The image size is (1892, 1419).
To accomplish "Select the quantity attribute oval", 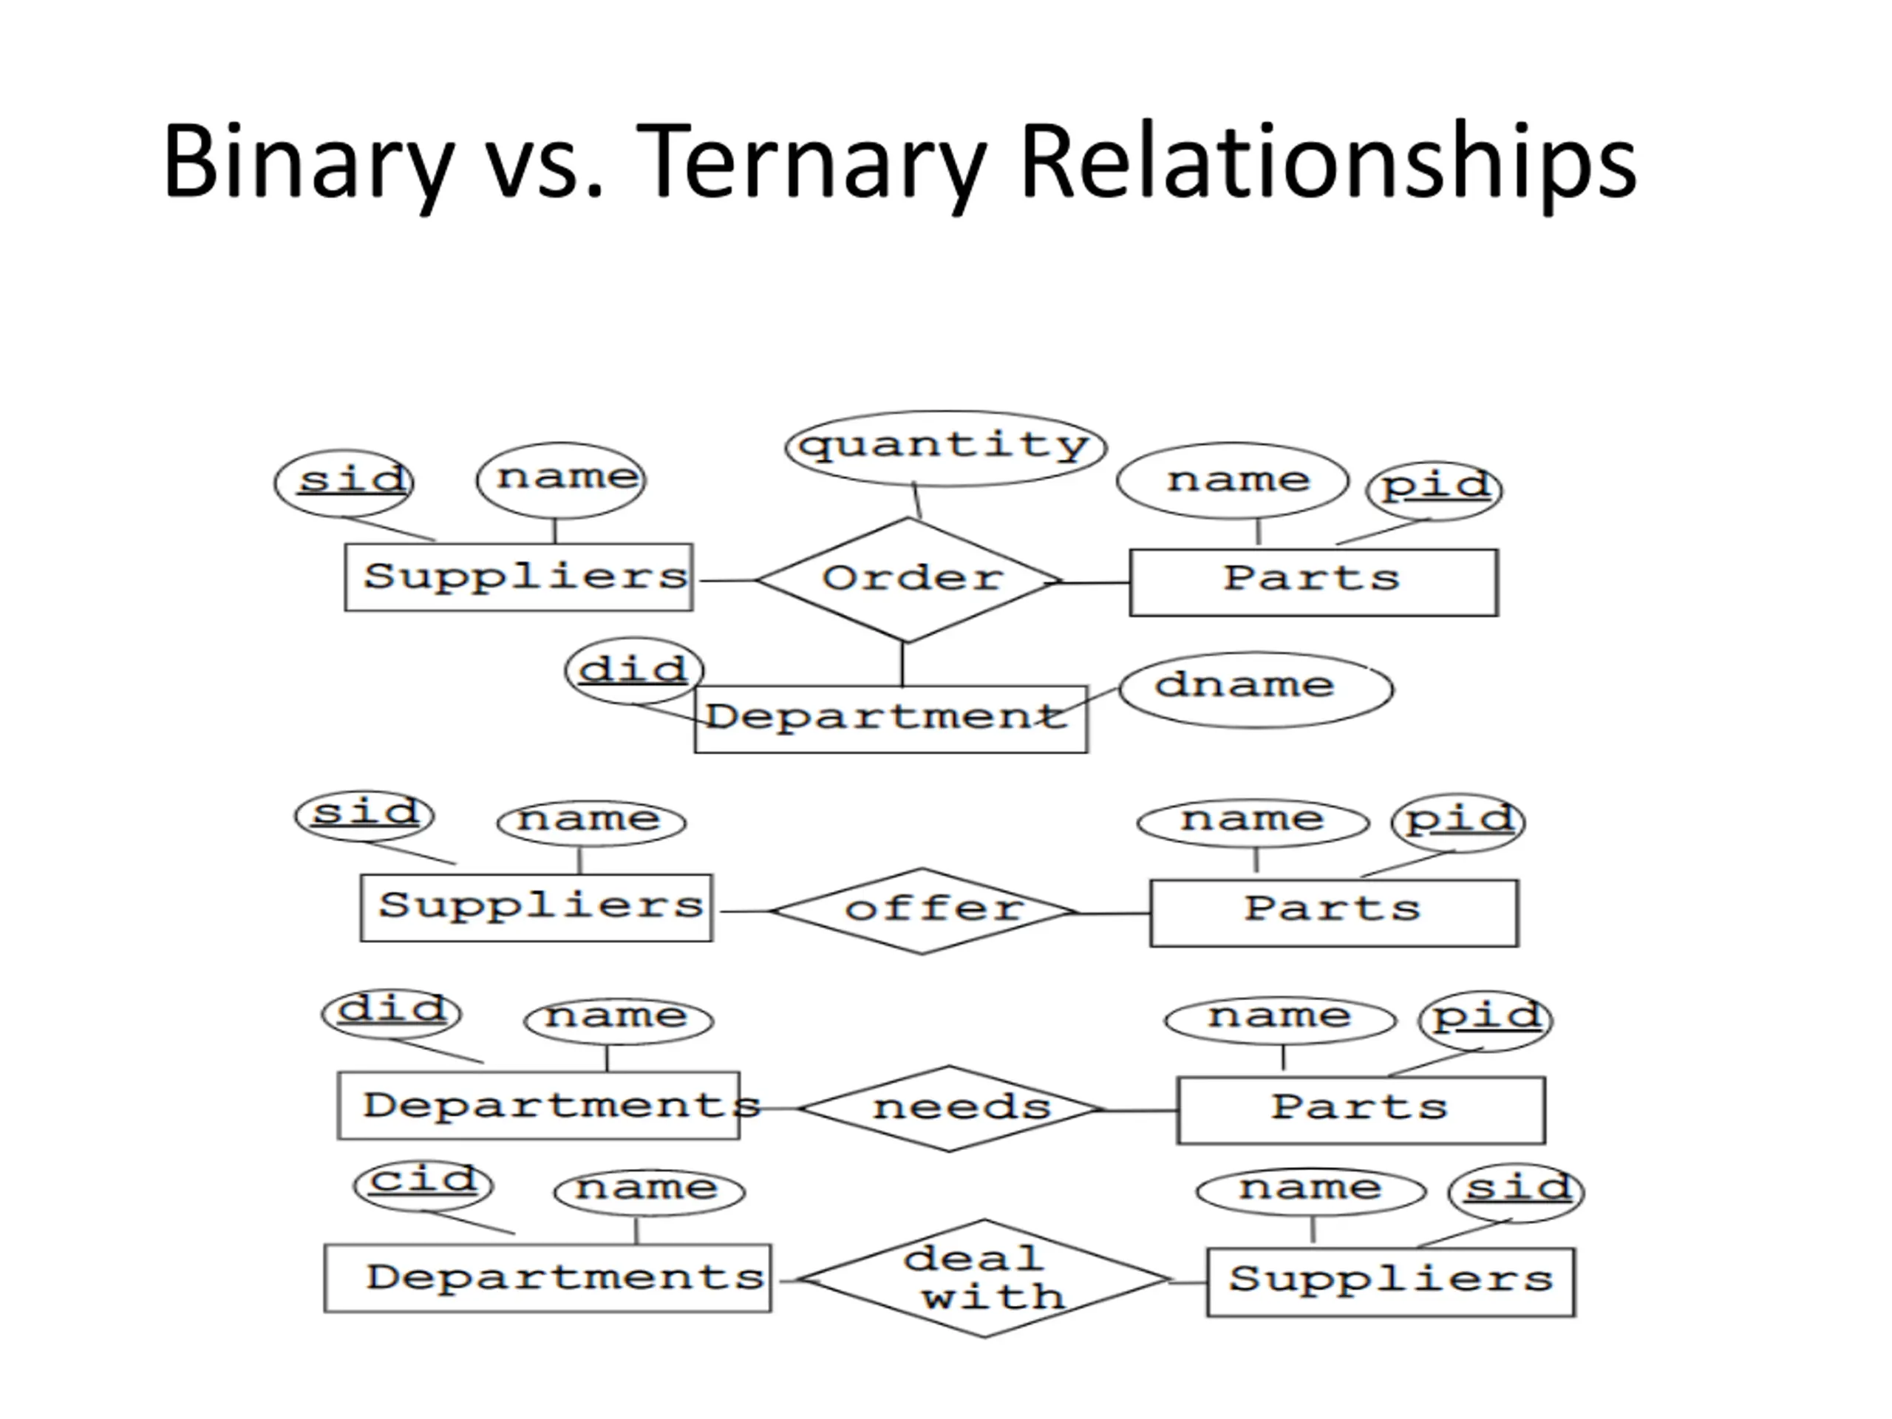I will [x=945, y=447].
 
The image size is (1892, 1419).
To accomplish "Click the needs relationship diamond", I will [x=950, y=1109].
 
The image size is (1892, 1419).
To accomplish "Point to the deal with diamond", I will [x=984, y=1279].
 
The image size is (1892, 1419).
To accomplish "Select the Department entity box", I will [x=891, y=718].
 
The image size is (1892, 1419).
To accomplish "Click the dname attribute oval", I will [x=1255, y=690].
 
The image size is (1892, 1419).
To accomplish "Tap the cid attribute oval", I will [x=423, y=1185].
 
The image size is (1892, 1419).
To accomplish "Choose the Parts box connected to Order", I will [x=1313, y=582].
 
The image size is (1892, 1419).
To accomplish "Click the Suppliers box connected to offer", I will [x=537, y=908].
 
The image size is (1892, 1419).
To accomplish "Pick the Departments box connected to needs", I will [x=539, y=1105].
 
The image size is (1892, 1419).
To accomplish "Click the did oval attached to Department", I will [x=634, y=670].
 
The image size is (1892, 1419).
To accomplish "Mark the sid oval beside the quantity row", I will [x=344, y=483].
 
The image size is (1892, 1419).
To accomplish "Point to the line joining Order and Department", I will [x=902, y=664].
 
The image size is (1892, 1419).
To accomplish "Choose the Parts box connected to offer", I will [x=1333, y=913].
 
